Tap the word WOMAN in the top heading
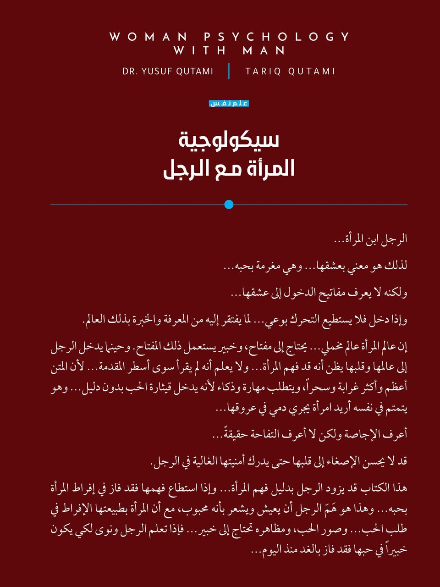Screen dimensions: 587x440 [x=148, y=37]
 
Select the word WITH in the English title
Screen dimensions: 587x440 [x=200, y=50]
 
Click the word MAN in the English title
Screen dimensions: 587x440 [x=264, y=50]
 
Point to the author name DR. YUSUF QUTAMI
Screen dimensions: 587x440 [x=168, y=72]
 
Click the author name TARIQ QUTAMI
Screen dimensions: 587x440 [x=290, y=72]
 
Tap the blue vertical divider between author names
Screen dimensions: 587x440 [x=229, y=71]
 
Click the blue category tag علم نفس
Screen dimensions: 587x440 [x=229, y=104]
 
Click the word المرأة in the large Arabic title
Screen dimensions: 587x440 [x=269, y=169]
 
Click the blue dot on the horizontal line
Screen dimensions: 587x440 [x=229, y=205]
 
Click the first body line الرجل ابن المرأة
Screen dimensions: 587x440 [x=370, y=239]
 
